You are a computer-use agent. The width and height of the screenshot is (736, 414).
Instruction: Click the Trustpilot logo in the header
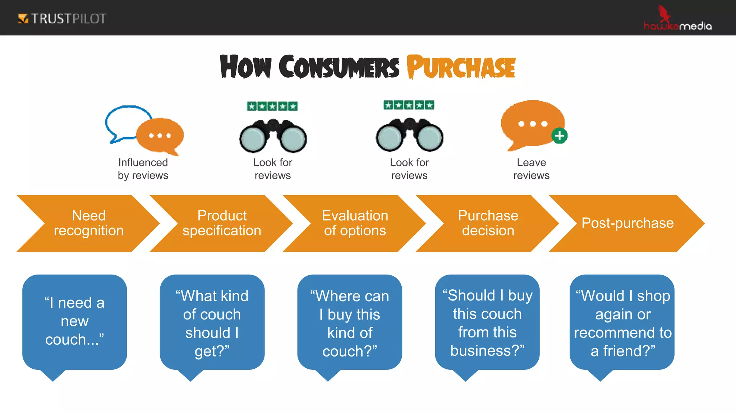(62, 18)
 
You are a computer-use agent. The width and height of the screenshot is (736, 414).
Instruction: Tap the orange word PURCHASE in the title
(461, 67)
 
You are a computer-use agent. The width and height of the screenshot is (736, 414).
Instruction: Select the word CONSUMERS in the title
(339, 67)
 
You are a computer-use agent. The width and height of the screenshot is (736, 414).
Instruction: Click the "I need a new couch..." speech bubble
(74, 322)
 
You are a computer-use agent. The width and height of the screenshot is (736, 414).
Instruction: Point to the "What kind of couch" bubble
(212, 322)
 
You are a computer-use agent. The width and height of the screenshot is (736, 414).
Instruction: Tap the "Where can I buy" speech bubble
(350, 322)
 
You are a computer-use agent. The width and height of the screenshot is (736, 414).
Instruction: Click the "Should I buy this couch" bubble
(487, 322)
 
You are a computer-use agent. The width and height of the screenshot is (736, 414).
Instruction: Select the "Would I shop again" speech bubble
(622, 322)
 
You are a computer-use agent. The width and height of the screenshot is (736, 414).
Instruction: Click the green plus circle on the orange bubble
(559, 136)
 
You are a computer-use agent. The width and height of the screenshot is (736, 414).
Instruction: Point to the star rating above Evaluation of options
(409, 105)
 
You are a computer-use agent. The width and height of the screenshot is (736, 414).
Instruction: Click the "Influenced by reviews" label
(143, 169)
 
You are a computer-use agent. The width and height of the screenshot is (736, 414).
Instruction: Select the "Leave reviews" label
(531, 169)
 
